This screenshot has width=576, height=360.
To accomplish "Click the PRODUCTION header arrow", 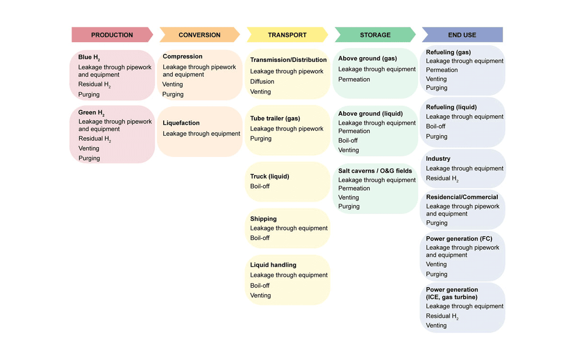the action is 112,35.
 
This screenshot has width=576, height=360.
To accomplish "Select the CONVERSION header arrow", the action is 200,35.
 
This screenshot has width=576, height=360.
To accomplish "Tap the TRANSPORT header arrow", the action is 288,35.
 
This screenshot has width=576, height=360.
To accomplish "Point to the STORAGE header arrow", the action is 375,35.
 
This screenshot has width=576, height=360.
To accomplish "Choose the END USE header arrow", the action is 462,35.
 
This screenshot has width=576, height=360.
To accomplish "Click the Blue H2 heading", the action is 89,58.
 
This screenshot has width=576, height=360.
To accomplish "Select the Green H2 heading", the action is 91,113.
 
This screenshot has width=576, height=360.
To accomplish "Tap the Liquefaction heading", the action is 181,123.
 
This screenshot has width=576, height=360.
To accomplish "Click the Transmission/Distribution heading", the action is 288,60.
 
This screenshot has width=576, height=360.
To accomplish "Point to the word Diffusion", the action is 262,82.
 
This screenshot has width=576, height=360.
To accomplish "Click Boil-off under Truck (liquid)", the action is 260,186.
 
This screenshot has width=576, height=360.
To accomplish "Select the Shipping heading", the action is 264,219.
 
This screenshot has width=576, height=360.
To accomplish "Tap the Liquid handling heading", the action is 273,265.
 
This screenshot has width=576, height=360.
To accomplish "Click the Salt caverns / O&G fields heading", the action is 375,171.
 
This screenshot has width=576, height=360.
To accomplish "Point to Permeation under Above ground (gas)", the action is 354,80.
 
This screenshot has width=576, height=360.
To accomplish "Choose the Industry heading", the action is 438,159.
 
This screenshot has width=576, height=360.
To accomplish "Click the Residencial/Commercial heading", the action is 462,197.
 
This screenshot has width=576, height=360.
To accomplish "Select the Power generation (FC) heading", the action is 459,239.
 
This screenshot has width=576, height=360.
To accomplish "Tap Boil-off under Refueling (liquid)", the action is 436,126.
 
